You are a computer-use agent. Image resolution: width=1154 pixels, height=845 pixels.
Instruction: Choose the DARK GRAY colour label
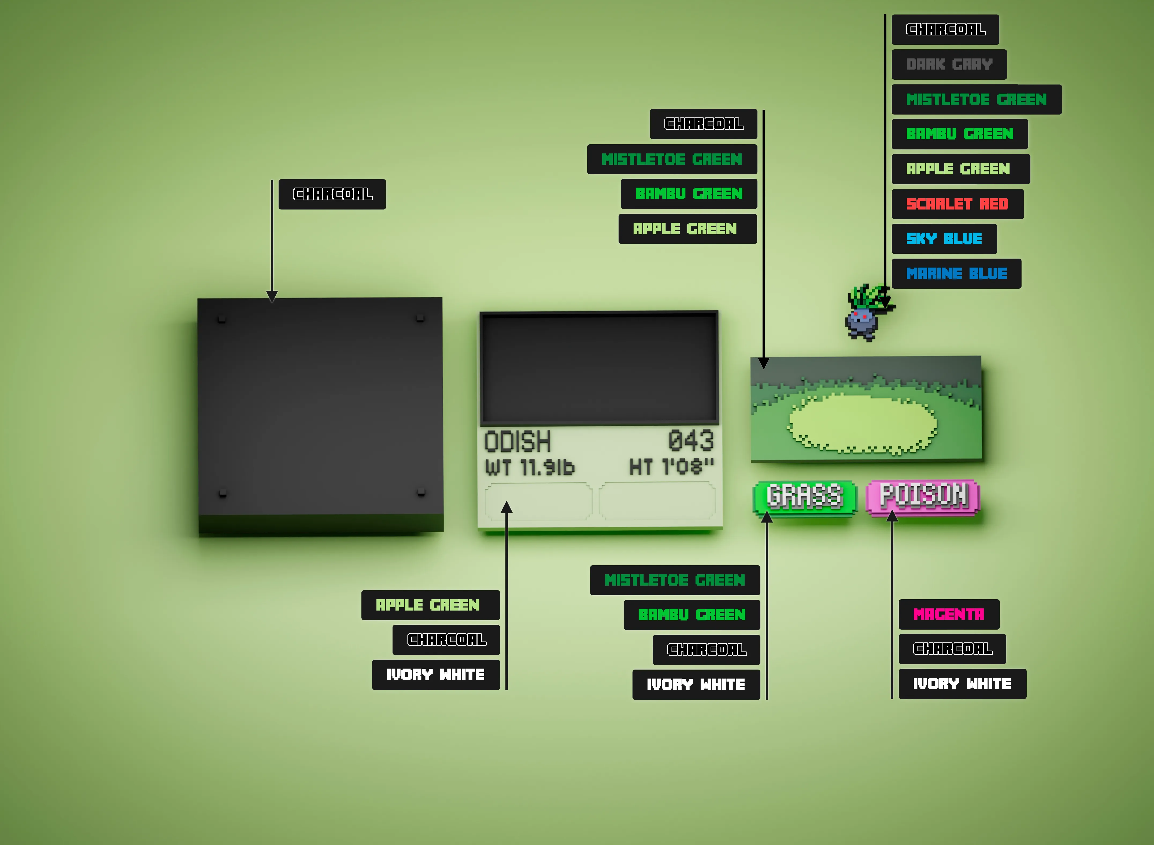[949, 64]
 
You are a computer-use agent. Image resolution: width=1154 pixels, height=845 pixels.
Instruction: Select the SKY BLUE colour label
[944, 239]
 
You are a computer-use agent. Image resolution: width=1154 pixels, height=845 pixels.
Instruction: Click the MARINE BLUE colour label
[956, 274]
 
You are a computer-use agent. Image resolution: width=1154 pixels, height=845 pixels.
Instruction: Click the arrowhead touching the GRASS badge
[767, 517]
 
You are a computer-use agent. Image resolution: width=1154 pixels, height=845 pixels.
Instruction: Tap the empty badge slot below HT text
[657, 501]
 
